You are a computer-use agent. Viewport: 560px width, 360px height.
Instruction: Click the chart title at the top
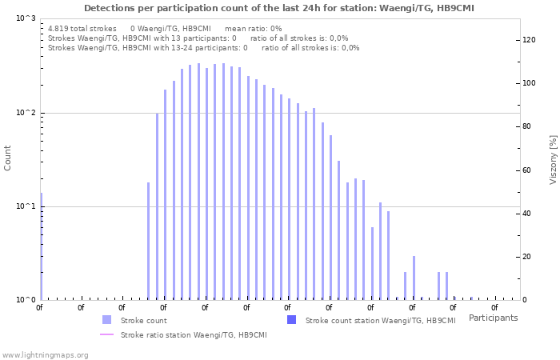click(279, 8)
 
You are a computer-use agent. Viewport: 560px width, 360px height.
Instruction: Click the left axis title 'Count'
click(8, 158)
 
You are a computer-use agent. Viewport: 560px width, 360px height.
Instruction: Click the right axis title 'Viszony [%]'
click(552, 159)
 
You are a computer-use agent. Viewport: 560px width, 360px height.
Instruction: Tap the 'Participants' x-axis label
click(493, 318)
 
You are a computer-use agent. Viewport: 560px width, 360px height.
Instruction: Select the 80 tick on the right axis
click(527, 126)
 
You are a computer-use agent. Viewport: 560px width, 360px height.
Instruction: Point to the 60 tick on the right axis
click(527, 170)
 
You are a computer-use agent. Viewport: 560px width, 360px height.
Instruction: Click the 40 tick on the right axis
click(527, 214)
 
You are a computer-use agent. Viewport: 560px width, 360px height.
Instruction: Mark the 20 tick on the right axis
click(527, 257)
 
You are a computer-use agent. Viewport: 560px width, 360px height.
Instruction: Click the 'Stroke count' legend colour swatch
click(107, 320)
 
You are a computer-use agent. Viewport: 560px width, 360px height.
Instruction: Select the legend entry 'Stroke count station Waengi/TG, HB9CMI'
click(380, 320)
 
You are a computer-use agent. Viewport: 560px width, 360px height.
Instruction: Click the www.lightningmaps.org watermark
click(45, 354)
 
